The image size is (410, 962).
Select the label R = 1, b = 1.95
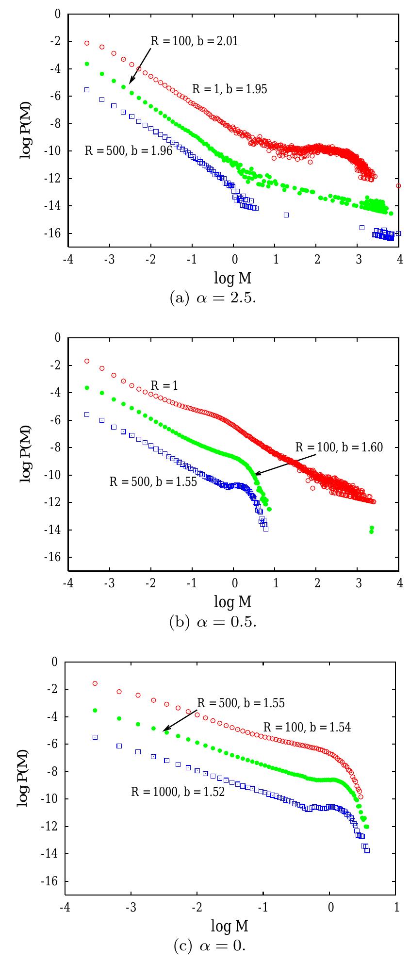click(x=230, y=89)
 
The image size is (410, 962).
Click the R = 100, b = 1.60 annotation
click(x=339, y=448)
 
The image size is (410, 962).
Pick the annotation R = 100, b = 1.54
click(x=307, y=727)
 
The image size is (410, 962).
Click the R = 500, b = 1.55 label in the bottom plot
click(x=241, y=703)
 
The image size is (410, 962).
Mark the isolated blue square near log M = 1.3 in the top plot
click(x=286, y=215)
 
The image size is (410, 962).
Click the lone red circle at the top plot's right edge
click(x=398, y=185)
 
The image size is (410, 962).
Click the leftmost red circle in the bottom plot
click(x=95, y=683)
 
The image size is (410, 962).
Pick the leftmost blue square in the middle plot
click(x=87, y=414)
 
